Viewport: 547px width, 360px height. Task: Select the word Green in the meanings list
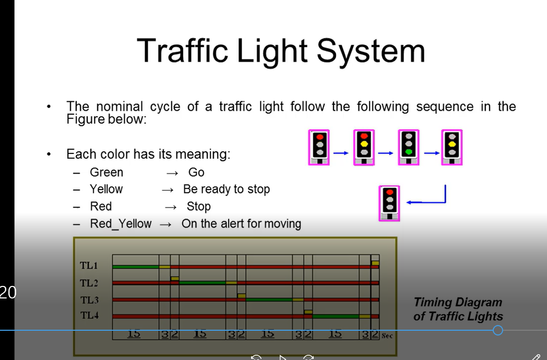coord(106,173)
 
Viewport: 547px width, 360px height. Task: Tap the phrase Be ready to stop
coord(227,189)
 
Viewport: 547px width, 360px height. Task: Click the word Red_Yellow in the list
coord(121,224)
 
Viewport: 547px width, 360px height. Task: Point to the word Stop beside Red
coord(198,207)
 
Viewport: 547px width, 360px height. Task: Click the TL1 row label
coord(89,266)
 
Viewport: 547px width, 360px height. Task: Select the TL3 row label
coord(89,300)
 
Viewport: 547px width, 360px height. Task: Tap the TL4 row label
coord(89,316)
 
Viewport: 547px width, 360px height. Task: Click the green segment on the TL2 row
coord(203,283)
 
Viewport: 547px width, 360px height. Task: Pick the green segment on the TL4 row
coord(336,316)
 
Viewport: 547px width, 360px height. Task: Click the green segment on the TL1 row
coord(136,267)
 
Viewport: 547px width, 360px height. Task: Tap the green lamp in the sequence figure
coord(409,152)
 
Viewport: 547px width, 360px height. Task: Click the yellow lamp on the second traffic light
coord(364,143)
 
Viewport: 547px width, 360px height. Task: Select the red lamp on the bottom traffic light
coord(389,191)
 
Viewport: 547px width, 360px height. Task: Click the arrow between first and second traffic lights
coord(341,153)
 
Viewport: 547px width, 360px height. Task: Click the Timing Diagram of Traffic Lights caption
coord(458,309)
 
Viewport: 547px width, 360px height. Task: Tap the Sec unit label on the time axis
coord(387,337)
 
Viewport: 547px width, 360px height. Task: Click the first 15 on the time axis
coord(134,334)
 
